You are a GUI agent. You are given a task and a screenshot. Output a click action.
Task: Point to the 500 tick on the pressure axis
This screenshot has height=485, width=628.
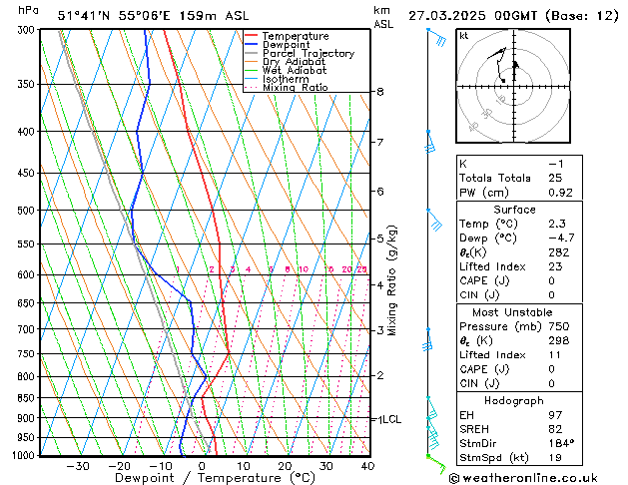(27, 211)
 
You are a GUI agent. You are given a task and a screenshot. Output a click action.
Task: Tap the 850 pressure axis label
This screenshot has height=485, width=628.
(27, 398)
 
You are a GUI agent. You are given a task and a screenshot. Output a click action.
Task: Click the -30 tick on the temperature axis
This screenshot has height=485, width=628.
(78, 466)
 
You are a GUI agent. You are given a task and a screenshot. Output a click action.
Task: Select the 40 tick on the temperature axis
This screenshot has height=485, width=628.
(367, 466)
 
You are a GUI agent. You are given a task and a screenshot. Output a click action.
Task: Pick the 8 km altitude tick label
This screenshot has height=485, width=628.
(380, 92)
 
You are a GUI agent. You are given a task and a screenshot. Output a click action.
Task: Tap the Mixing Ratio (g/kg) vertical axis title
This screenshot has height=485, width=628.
(392, 280)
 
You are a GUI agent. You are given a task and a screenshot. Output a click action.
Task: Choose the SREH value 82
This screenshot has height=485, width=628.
(556, 428)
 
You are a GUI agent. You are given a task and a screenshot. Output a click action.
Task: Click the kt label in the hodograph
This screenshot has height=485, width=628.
(464, 35)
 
